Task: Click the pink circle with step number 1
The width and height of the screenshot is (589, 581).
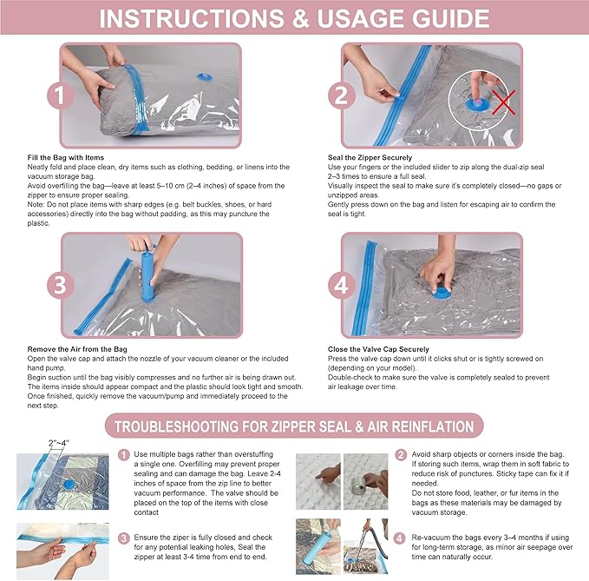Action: pos(60,96)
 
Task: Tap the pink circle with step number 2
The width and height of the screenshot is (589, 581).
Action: pos(342,96)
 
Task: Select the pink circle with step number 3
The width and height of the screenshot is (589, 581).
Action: pos(60,285)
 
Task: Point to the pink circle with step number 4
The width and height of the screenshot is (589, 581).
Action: pos(342,285)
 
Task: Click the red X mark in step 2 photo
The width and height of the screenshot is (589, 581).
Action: pos(504,102)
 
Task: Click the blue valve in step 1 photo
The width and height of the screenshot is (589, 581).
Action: pos(205,77)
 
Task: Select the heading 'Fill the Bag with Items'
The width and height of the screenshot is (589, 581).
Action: pos(65,157)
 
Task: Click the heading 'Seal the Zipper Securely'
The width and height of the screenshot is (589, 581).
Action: pos(370,157)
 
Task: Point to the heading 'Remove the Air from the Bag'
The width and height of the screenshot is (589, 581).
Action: pos(77,349)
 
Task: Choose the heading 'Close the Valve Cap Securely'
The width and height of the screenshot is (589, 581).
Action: pos(378,349)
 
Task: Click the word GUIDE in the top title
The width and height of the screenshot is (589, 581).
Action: pos(450,18)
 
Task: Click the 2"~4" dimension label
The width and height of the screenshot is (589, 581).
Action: pos(59,443)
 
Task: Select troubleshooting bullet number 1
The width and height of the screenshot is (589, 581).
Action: pos(123,455)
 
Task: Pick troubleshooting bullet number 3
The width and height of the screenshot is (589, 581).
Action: pos(123,538)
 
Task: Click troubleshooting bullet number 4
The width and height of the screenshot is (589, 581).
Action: pos(400,538)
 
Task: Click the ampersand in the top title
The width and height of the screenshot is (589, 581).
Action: pos(300,18)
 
